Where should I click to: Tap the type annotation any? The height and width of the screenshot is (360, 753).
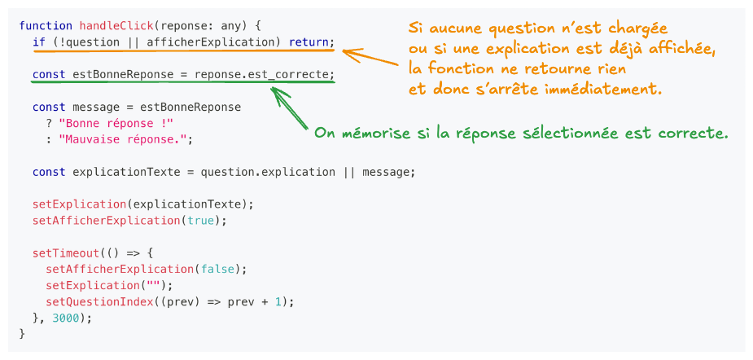[250, 26]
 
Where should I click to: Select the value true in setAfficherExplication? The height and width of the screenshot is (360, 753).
[204, 220]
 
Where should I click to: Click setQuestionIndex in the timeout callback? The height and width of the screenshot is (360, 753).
[99, 301]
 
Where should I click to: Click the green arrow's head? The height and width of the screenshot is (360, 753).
[275, 90]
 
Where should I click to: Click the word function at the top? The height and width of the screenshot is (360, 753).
[46, 26]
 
